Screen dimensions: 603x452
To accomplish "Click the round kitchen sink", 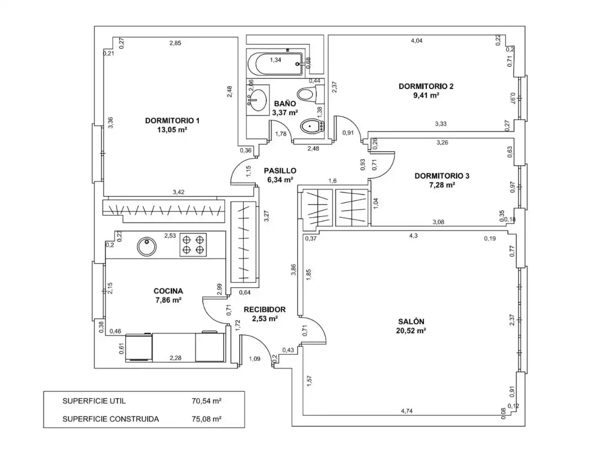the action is point(147,246).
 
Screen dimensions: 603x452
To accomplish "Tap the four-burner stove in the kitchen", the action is point(193,244).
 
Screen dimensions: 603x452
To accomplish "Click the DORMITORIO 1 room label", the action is point(172,120).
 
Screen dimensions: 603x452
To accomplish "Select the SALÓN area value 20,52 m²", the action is point(411,331).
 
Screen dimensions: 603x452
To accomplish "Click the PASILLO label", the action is point(280,170).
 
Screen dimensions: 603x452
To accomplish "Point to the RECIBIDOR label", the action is point(264,309).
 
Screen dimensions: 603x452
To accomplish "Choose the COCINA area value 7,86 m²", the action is point(168,300).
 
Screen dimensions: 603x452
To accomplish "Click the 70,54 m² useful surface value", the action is point(206,401).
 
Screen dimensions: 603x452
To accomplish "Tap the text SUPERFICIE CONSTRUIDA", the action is point(111,419).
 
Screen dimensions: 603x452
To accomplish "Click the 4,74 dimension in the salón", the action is point(406,411).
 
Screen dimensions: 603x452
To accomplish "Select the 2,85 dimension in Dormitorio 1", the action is point(175,43).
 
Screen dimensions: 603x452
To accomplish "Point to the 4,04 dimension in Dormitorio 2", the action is point(416,41).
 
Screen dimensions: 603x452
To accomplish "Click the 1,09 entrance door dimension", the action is point(254,359).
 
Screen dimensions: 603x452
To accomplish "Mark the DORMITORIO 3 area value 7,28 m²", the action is point(442,185).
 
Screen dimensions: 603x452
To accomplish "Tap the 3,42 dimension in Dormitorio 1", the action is point(178,192).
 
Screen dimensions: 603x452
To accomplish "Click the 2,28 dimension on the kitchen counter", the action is point(175,357).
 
